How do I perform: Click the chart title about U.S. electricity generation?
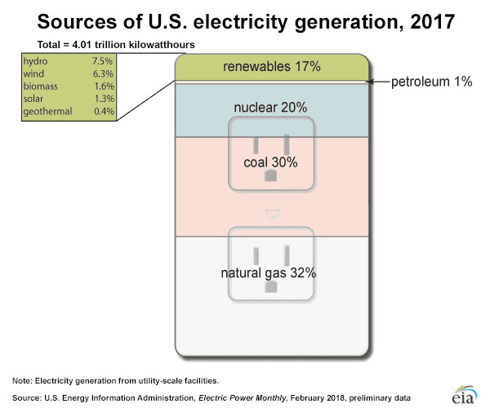pyautogui.click(x=245, y=20)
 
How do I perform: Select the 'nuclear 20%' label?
pyautogui.click(x=270, y=106)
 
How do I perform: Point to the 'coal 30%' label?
pyautogui.click(x=270, y=162)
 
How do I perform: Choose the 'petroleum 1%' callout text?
pyautogui.click(x=430, y=82)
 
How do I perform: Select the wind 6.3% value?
pyautogui.click(x=103, y=74)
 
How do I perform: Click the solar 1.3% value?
pyautogui.click(x=103, y=99)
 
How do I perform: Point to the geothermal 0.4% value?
pyautogui.click(x=103, y=111)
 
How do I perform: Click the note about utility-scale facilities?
pyautogui.click(x=114, y=379)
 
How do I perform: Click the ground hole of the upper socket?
pyautogui.click(x=271, y=175)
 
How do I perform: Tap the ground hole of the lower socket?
pyautogui.click(x=271, y=286)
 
